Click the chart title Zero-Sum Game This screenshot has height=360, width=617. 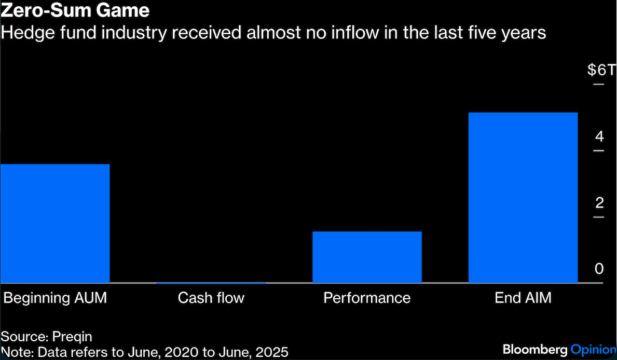click(x=76, y=10)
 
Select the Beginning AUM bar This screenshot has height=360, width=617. click(x=55, y=223)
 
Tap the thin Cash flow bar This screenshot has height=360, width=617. click(x=211, y=283)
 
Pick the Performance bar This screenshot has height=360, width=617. click(x=367, y=257)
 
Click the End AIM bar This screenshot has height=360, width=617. click(x=523, y=197)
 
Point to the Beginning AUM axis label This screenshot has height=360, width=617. click(x=55, y=298)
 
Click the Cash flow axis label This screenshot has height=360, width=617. click(x=211, y=298)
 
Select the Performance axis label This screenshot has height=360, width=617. click(x=367, y=298)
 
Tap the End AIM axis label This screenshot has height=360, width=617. click(x=523, y=298)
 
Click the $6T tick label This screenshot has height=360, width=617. click(x=600, y=71)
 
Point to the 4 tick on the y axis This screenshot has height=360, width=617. click(x=599, y=137)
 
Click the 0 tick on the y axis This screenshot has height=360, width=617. click(x=599, y=269)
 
